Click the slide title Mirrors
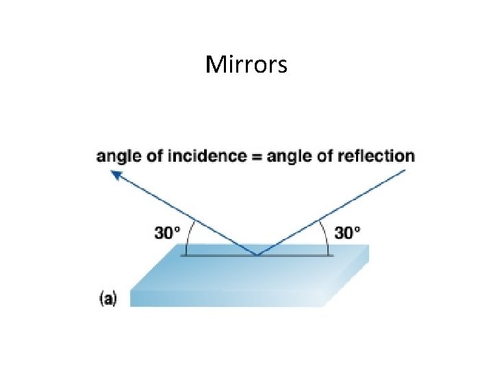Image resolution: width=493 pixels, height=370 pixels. click(246, 65)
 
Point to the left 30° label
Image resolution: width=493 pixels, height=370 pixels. click(168, 233)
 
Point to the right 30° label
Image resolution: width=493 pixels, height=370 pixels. click(347, 233)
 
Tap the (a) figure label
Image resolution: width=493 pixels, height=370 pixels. click(108, 299)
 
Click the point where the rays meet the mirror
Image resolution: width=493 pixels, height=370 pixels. click(257, 256)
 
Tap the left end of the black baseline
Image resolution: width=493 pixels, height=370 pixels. click(181, 256)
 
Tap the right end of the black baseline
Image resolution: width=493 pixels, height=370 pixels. click(333, 256)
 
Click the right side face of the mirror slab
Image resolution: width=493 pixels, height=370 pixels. click(349, 277)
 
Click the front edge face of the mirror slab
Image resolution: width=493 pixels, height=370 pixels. click(226, 299)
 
